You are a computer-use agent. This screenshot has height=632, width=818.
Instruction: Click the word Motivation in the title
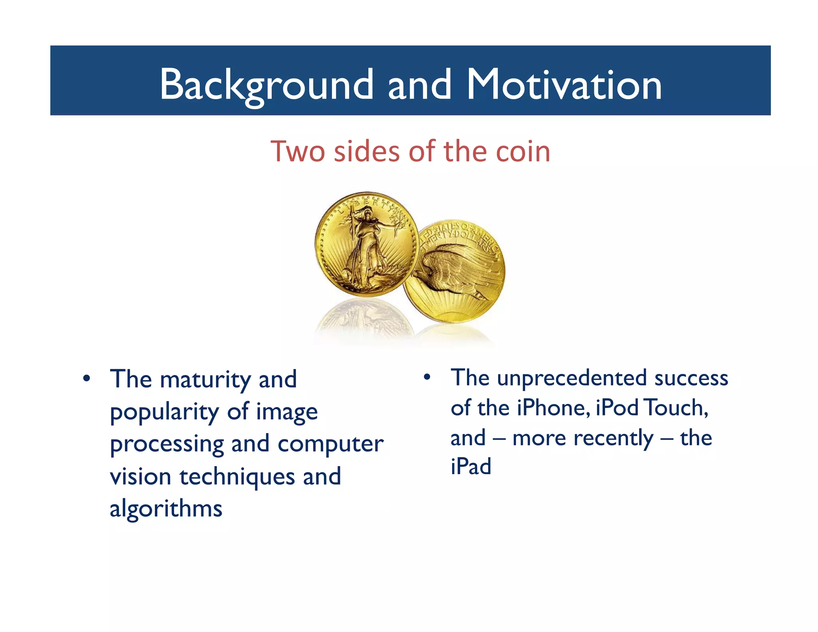(564, 85)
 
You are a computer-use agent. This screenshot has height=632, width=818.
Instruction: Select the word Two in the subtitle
(298, 151)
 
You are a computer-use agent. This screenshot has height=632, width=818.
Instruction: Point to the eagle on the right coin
(455, 272)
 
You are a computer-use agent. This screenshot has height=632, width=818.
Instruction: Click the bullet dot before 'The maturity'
(87, 378)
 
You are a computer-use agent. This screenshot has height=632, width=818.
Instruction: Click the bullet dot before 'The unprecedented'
(427, 377)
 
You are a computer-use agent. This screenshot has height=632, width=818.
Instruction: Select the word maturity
(205, 380)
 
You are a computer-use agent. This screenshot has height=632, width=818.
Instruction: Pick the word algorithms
(166, 509)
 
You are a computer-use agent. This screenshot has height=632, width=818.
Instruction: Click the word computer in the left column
(330, 444)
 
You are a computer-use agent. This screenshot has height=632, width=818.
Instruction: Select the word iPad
(471, 466)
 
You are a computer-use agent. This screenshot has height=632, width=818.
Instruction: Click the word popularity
(164, 412)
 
